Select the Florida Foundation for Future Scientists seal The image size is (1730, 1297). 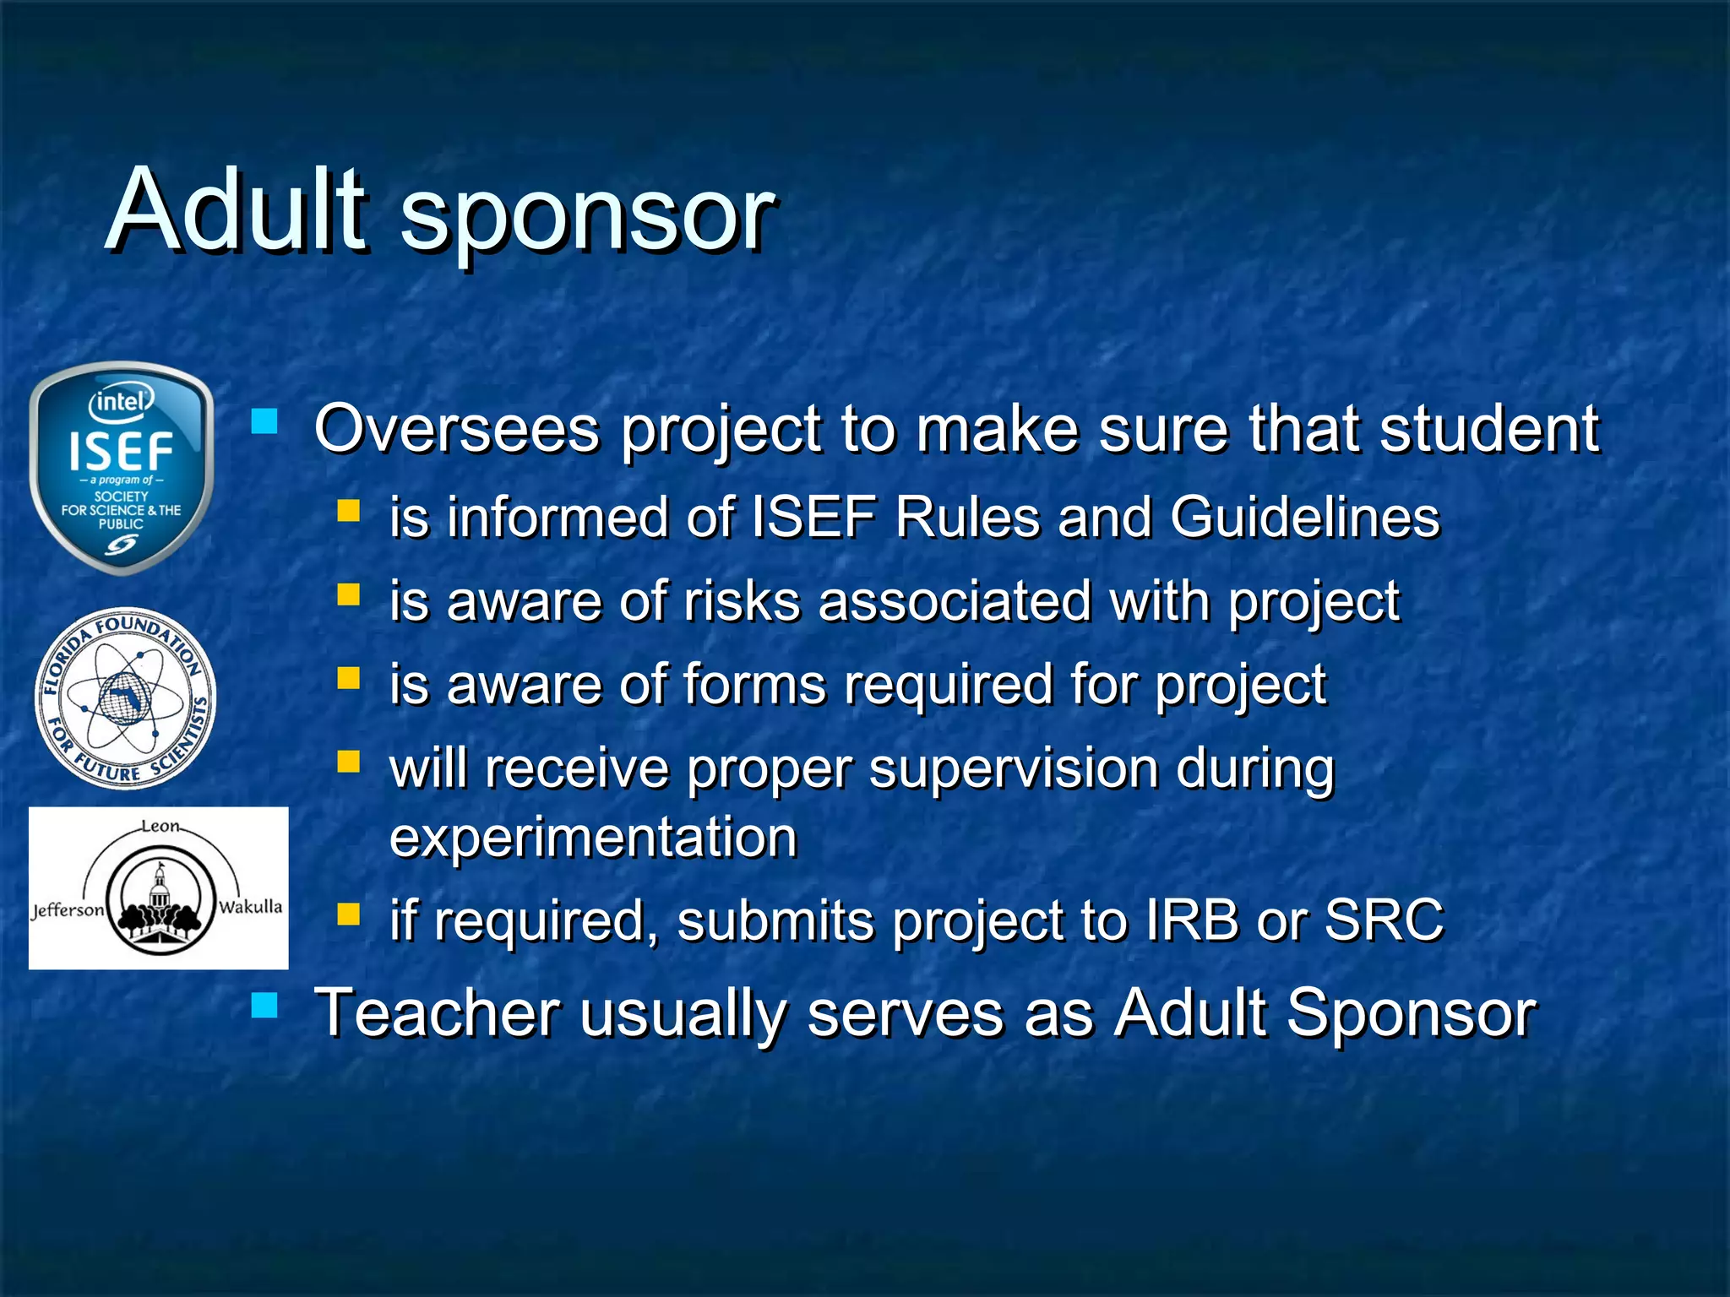[x=125, y=697]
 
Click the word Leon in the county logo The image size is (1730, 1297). [x=160, y=826]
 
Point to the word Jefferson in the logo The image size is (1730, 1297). [x=68, y=910]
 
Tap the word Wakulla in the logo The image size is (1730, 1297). [x=250, y=907]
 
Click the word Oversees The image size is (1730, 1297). [x=456, y=429]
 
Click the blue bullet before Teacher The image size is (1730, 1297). [x=264, y=1005]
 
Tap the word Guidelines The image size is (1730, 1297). [x=1305, y=517]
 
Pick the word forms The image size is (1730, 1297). [x=754, y=684]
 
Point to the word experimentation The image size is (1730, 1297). [x=593, y=838]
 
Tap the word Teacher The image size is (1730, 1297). [x=438, y=1012]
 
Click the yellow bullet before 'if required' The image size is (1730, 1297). [x=348, y=914]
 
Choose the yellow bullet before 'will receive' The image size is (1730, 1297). [x=348, y=762]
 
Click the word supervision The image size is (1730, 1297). [x=1014, y=770]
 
